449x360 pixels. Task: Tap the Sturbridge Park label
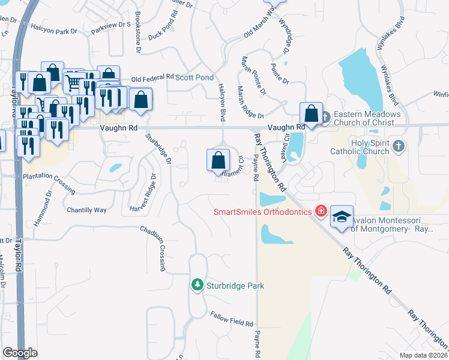235,286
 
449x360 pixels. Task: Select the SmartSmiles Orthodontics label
263,212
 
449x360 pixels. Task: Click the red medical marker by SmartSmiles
321,211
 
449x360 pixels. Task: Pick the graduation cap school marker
341,217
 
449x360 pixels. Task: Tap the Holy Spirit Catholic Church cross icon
399,145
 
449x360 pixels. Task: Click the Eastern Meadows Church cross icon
325,116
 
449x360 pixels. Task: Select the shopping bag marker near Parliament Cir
218,160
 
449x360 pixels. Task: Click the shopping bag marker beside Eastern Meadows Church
312,113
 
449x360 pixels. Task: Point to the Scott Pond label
194,77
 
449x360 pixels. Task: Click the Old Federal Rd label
152,79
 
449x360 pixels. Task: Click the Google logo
20,353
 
